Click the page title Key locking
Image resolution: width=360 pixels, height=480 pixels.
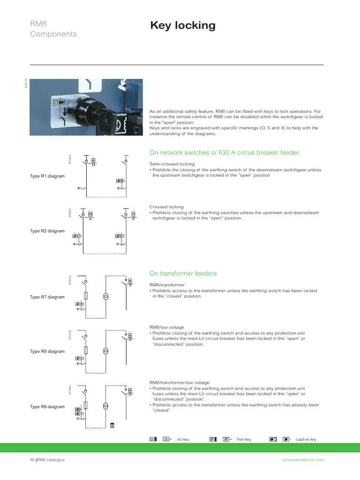pos(183,26)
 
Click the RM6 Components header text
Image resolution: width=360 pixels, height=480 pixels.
pos(53,29)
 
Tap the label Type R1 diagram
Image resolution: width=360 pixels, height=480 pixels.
pos(47,176)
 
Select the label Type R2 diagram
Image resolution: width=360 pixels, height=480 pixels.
pos(47,231)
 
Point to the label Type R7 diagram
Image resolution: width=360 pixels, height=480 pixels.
pos(47,297)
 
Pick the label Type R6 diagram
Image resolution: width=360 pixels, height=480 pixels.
pos(47,351)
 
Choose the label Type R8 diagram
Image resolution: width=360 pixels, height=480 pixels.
pos(47,406)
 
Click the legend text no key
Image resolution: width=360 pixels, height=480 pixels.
pos(183,439)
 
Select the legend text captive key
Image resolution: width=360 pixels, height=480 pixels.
pos(305,439)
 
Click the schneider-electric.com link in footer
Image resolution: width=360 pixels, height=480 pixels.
pos(300,460)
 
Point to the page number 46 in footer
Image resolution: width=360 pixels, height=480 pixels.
pos(32,460)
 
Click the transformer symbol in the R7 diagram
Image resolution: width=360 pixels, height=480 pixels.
pos(105,297)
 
